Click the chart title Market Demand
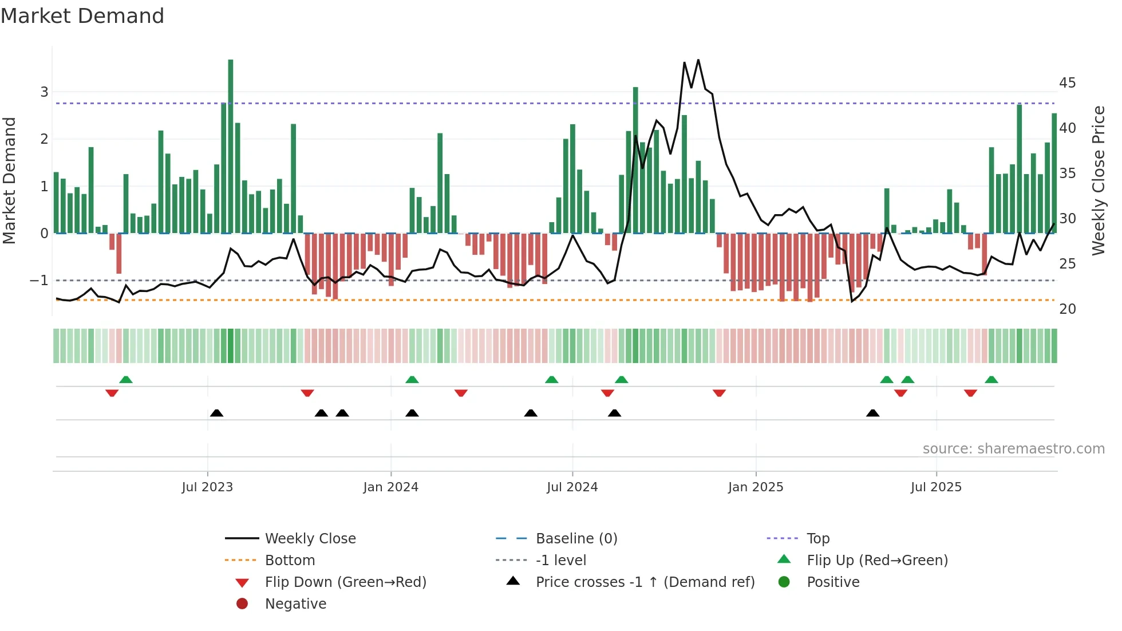[82, 16]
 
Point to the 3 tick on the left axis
[44, 92]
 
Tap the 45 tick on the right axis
[1067, 83]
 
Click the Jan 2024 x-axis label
[390, 487]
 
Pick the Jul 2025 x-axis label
[936, 487]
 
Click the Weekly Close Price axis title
[1098, 180]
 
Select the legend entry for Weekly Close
[310, 539]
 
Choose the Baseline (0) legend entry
[576, 539]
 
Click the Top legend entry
[817, 539]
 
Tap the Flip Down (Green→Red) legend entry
[345, 582]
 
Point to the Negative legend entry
[295, 604]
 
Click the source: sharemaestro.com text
[1013, 449]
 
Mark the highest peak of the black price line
[698, 60]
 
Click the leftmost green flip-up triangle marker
[126, 380]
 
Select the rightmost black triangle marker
[872, 413]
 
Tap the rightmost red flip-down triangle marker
[970, 393]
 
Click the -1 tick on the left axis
[39, 281]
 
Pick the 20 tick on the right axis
[1067, 309]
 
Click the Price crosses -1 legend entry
[645, 582]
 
